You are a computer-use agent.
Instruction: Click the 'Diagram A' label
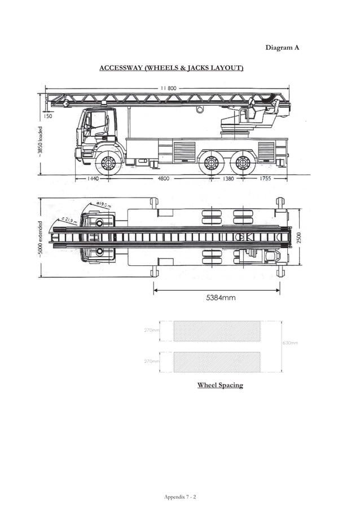pyautogui.click(x=282, y=47)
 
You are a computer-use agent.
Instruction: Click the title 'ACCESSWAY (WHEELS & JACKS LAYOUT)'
pyautogui.click(x=172, y=68)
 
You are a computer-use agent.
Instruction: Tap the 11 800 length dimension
pyautogui.click(x=169, y=88)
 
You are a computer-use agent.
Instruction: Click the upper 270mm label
pyautogui.click(x=152, y=330)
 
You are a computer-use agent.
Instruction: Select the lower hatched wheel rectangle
pyautogui.click(x=217, y=362)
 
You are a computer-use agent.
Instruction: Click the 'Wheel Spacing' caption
pyautogui.click(x=219, y=385)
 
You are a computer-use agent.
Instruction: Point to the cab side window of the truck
pyautogui.click(x=98, y=123)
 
